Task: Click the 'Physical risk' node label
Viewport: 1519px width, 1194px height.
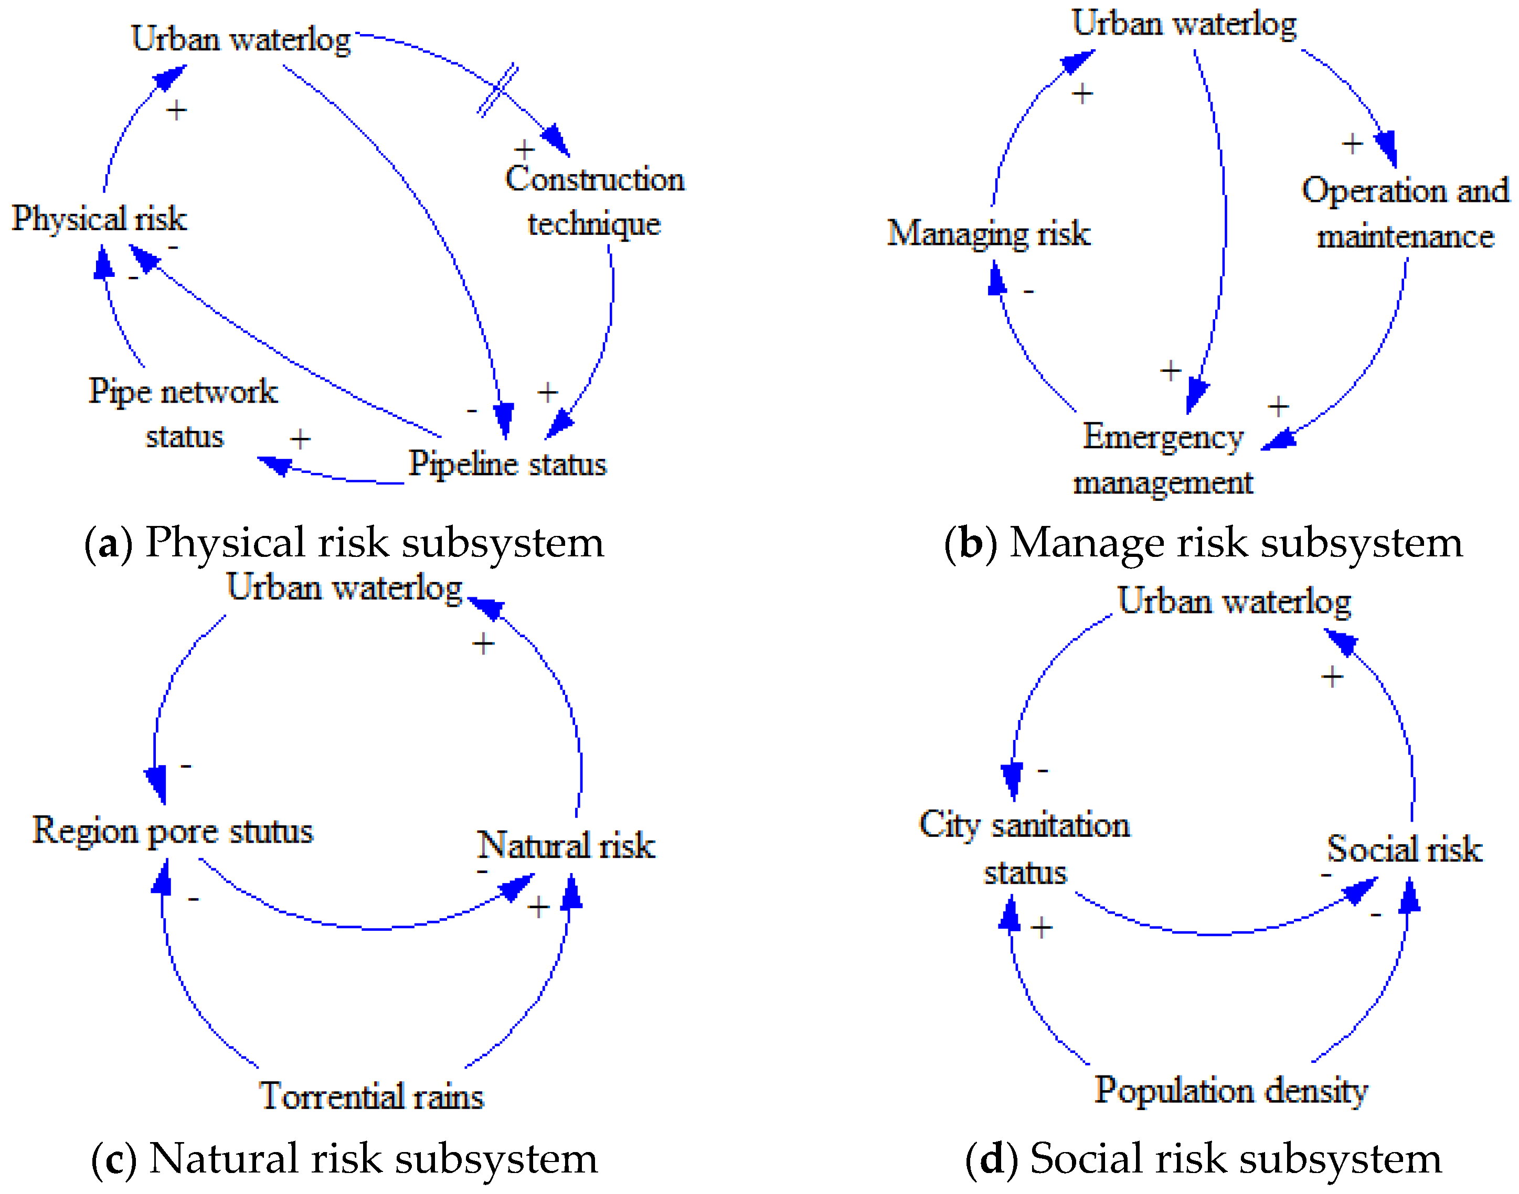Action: (x=99, y=219)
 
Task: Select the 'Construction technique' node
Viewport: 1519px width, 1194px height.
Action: (x=594, y=201)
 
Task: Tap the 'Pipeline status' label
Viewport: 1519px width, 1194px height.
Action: (x=507, y=464)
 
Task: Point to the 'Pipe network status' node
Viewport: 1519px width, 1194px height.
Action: (x=183, y=414)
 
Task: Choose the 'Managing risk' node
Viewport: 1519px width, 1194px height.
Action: (x=988, y=233)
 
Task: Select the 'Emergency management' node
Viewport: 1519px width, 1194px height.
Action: (x=1163, y=459)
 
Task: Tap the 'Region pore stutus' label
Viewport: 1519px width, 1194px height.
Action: (x=173, y=832)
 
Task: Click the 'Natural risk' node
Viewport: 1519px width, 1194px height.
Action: (x=566, y=846)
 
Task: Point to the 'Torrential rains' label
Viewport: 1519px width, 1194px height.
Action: (x=371, y=1096)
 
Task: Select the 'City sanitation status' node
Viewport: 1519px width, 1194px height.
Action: (x=1025, y=848)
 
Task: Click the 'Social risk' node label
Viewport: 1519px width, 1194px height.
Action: (x=1404, y=849)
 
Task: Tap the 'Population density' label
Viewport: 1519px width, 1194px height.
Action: (x=1231, y=1091)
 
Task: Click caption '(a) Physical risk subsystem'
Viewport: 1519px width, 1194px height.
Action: (x=343, y=543)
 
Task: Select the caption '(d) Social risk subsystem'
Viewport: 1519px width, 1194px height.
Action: (x=1203, y=1159)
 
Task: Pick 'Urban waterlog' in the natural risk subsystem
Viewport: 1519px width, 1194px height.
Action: (x=344, y=588)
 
